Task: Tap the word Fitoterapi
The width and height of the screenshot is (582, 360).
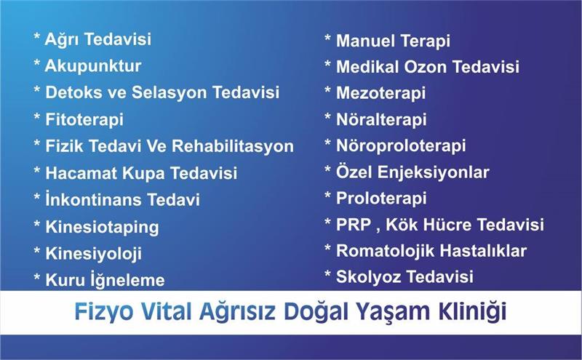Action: tap(84, 120)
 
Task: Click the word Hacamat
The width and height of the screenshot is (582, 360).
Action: tap(81, 173)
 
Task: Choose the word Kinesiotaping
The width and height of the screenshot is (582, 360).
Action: tap(102, 227)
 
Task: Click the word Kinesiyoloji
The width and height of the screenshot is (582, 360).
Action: tap(94, 254)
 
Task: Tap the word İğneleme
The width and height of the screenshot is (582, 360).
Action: tap(128, 280)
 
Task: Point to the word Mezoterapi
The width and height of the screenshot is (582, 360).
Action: tap(380, 94)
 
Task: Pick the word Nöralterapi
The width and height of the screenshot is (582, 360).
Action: tap(381, 120)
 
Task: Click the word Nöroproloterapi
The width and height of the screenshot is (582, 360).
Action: tap(401, 146)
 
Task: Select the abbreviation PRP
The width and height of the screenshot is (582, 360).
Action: tap(354, 225)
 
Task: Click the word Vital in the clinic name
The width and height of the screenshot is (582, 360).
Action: tap(166, 311)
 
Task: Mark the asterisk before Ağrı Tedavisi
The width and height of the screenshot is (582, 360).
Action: tap(37, 37)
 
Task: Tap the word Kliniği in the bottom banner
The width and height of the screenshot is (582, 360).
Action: tap(473, 312)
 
